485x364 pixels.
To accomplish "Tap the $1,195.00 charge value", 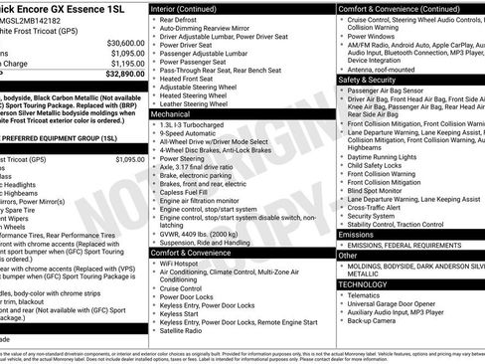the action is [x=126, y=63].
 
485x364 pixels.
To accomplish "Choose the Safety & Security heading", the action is [x=369, y=80].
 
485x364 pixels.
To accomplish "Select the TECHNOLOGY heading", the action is [x=364, y=284].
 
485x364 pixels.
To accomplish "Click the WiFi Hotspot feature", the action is [x=180, y=263].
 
